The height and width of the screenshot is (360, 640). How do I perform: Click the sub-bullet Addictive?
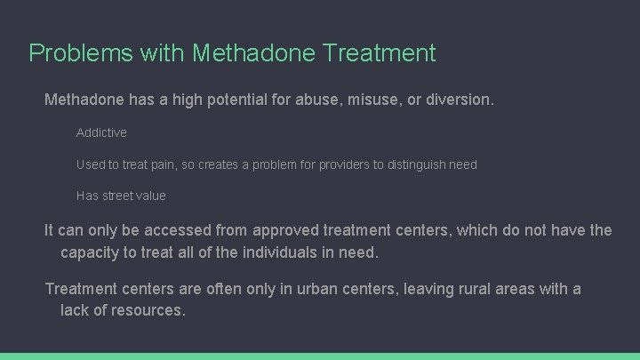[x=101, y=132]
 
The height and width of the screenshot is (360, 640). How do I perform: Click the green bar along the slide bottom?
[x=320, y=356]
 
